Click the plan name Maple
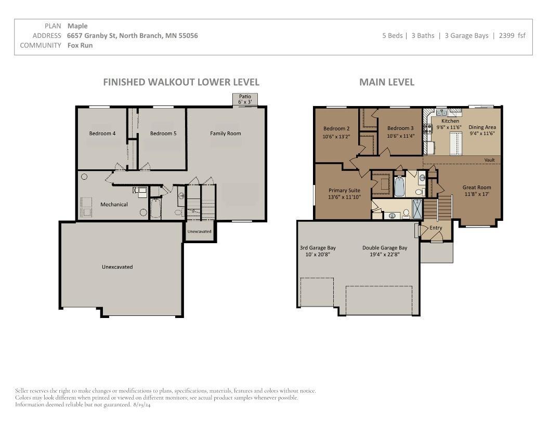tap(77, 26)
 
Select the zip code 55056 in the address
tap(188, 35)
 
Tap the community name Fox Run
tap(80, 45)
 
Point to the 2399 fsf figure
tap(512, 35)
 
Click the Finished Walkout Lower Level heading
tap(181, 82)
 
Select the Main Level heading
tap(387, 82)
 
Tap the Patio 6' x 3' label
tap(245, 99)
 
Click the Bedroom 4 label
tap(102, 134)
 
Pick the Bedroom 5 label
tap(163, 134)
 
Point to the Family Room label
tap(226, 134)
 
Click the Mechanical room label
tap(114, 204)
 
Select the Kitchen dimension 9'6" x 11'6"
tap(449, 127)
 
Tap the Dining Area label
tap(482, 127)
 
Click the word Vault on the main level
tap(490, 160)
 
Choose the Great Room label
tap(477, 187)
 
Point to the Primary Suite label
tap(344, 190)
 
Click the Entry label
tap(436, 228)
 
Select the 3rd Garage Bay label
tap(318, 248)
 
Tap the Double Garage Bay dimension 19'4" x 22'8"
tap(384, 254)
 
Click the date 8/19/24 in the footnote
tap(142, 405)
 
